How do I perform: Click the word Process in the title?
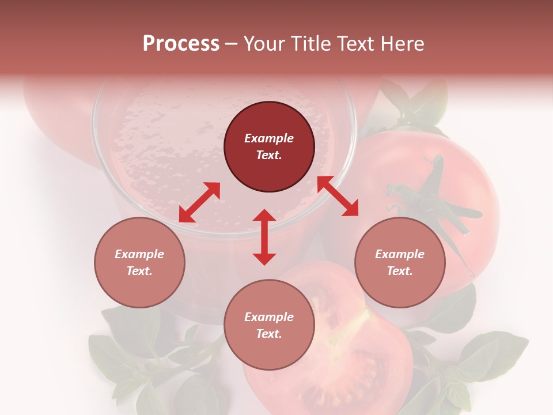coord(181,44)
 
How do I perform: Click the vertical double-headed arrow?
coord(264,237)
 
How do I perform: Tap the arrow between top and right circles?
coord(338,197)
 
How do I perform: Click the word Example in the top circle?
coord(269,138)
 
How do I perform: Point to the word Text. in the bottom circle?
coord(269,334)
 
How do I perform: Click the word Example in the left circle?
coord(139,254)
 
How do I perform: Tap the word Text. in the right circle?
coord(400,271)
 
